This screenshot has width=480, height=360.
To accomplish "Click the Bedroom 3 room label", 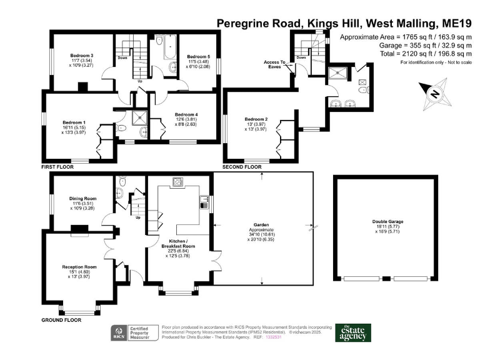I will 82,56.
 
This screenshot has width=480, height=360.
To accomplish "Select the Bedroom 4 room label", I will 186,114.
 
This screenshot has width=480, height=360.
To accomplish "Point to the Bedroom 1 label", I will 74,122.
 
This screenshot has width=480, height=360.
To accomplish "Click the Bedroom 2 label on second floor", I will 256,119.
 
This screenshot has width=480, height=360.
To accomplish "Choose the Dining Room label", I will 82,199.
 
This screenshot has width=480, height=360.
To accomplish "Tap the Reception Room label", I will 77,267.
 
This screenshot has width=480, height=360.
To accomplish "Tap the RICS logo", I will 118,332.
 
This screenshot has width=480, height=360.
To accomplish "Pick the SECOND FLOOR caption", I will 241,167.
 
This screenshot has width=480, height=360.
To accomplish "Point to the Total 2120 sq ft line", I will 423,54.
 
